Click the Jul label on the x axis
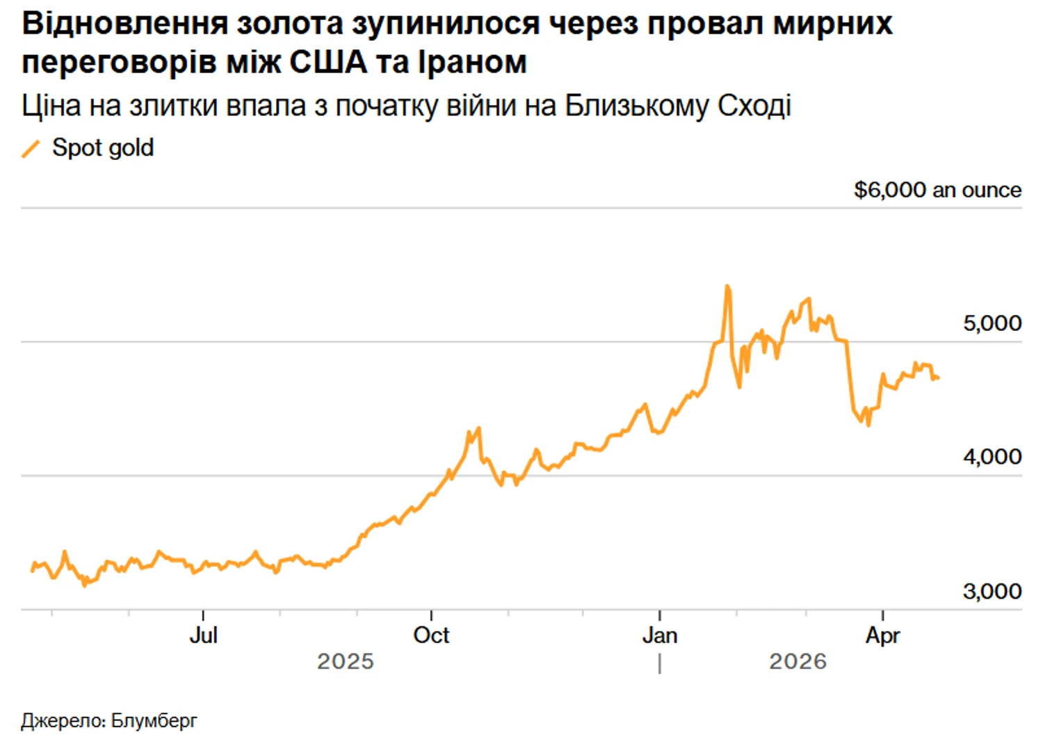[x=203, y=635]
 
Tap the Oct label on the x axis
[x=431, y=635]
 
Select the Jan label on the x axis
[x=659, y=635]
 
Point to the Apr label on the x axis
[x=882, y=635]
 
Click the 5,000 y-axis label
[x=992, y=323]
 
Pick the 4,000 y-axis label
[x=992, y=457]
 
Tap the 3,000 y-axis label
[x=992, y=591]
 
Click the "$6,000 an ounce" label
[x=937, y=190]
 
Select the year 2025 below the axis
[x=346, y=661]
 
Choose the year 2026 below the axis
[x=798, y=661]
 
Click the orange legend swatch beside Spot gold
[x=31, y=148]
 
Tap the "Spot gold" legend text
[x=103, y=148]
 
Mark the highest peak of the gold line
[x=727, y=286]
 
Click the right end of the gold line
[x=939, y=378]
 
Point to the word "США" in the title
[x=328, y=63]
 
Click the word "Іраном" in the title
[x=472, y=63]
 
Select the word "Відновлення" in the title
[x=124, y=24]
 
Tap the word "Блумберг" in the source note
[x=154, y=720]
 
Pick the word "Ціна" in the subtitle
[x=51, y=106]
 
